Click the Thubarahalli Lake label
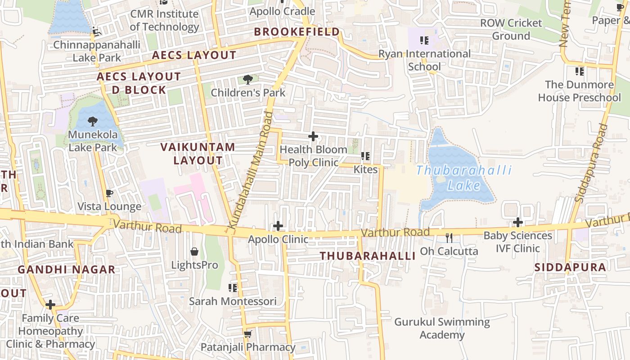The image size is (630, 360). point(464,177)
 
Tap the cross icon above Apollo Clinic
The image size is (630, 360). point(278,226)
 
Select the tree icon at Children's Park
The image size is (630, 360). point(247,80)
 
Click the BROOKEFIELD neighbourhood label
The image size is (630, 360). point(297,32)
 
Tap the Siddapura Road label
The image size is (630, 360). point(591,163)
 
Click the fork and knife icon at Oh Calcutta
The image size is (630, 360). point(449,238)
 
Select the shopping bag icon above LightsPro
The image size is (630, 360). point(194,251)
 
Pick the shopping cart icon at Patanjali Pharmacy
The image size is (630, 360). point(247,334)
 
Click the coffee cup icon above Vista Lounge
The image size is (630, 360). point(109,193)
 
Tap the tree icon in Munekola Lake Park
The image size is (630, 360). point(93,121)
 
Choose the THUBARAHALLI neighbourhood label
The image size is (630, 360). point(367,256)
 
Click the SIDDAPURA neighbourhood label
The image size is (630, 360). point(570,267)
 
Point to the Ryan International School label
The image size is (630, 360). point(424,60)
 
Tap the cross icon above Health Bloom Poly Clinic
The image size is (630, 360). point(313,136)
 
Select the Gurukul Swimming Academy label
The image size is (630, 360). point(442,328)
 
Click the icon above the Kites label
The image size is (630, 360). point(365,156)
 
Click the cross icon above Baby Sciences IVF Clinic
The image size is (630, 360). point(518,222)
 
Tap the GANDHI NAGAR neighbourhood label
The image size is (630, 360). point(67,270)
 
